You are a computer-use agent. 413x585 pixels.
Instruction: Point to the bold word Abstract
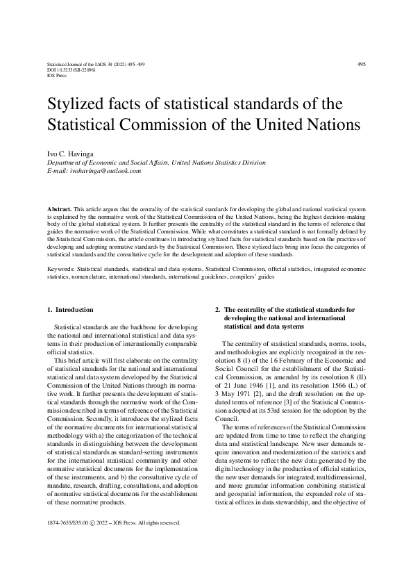tap(59, 208)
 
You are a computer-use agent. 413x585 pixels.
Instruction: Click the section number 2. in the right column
tap(218, 309)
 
